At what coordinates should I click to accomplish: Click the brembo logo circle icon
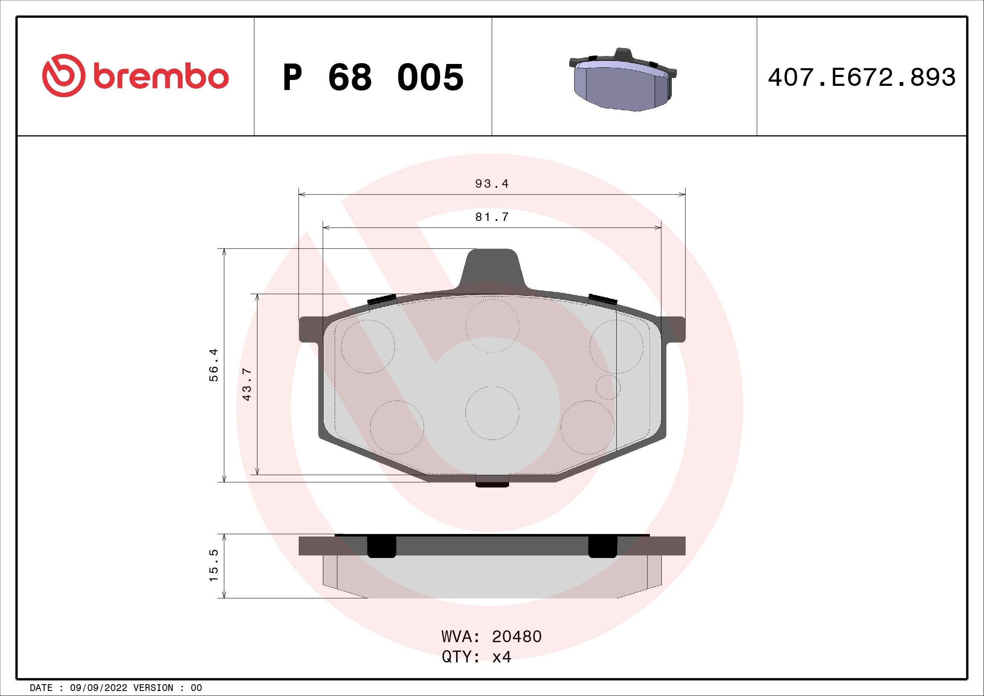[61, 75]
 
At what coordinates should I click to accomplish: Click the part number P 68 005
[373, 77]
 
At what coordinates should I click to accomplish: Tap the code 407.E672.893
[862, 77]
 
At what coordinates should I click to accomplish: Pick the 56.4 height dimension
[214, 365]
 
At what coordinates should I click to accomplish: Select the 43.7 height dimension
[247, 385]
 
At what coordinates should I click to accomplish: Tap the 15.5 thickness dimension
[214, 566]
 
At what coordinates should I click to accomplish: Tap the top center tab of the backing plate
[492, 268]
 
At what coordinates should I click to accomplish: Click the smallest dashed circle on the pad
[608, 387]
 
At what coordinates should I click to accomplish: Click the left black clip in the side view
[382, 547]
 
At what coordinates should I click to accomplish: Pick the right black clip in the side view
[602, 547]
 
